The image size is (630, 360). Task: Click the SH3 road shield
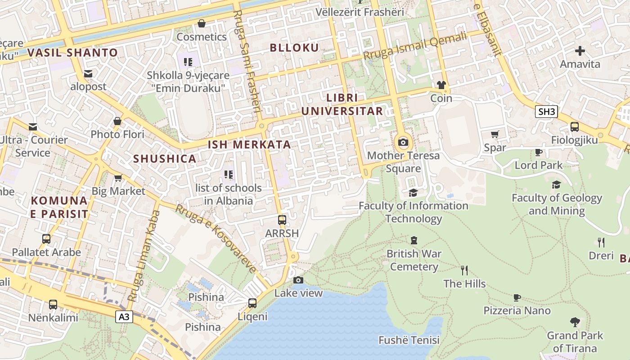point(546,112)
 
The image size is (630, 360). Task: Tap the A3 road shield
point(124,317)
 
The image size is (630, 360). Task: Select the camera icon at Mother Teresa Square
point(403,143)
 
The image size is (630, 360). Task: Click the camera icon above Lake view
point(298,280)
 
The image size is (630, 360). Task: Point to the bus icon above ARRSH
point(282,220)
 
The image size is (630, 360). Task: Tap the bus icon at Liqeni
point(252,303)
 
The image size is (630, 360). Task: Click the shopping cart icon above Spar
point(495,134)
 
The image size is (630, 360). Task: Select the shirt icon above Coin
point(441,85)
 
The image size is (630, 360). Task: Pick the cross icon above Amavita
point(580,51)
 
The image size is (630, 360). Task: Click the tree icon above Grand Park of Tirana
point(575,322)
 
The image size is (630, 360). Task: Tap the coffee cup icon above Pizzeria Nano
point(517,297)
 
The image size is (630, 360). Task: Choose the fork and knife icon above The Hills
point(464,270)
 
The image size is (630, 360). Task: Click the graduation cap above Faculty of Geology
point(557,184)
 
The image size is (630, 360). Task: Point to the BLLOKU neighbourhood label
point(294,48)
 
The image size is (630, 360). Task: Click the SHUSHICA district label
point(165,158)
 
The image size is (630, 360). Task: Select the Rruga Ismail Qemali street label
point(415,46)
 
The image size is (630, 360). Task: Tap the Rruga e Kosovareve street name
point(216,238)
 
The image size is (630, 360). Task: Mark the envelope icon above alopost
point(88,73)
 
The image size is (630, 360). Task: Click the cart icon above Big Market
point(118,178)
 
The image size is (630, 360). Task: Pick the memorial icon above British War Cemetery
point(414,240)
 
